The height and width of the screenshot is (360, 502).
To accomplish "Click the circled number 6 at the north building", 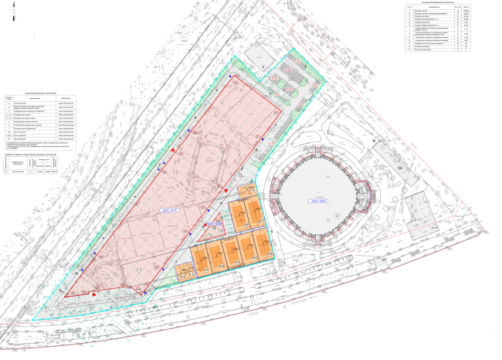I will coord(262,67).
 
